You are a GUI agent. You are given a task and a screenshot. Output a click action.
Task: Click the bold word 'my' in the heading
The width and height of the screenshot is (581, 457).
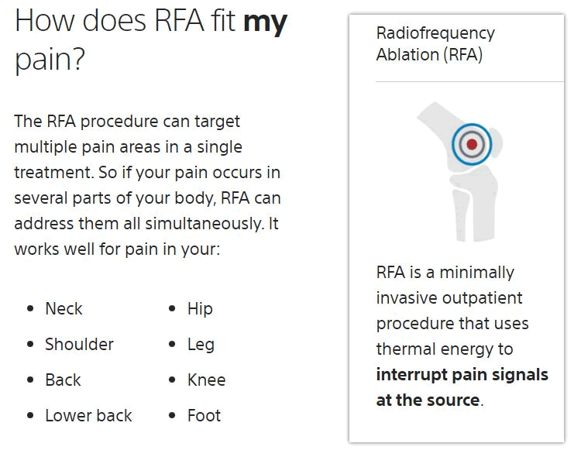coord(265,22)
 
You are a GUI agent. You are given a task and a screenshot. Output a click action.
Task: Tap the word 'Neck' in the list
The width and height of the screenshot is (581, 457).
coord(64,308)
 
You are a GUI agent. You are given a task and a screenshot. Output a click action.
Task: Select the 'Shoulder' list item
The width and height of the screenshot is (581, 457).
coord(79,344)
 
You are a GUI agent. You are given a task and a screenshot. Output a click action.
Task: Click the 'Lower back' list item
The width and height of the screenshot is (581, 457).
coord(88,415)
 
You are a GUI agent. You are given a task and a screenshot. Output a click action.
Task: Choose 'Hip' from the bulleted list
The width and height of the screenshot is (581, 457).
coord(200,308)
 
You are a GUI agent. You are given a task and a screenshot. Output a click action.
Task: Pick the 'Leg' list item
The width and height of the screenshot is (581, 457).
coord(201,344)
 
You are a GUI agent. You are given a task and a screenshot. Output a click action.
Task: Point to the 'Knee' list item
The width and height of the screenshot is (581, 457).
coord(206,380)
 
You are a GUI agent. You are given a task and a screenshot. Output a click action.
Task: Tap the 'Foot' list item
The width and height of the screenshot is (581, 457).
coord(204,415)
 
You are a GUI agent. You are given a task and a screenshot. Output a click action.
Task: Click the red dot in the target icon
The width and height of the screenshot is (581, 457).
coord(472,143)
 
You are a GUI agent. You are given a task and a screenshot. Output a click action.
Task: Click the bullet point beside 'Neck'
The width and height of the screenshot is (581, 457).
coord(30,309)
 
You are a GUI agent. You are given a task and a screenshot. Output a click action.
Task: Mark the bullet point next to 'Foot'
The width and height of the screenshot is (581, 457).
coord(172,416)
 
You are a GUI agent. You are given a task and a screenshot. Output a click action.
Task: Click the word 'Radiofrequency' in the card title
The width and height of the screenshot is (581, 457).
coord(435,33)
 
